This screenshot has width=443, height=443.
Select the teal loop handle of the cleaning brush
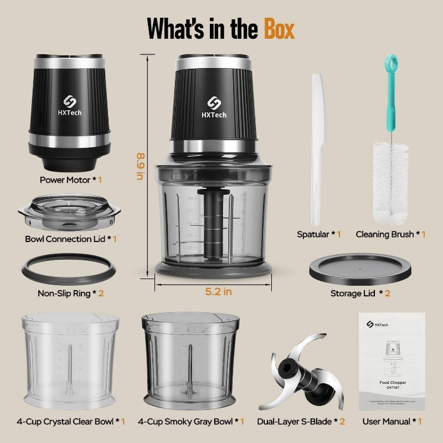click(x=392, y=62)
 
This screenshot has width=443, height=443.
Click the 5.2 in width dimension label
click(x=218, y=292)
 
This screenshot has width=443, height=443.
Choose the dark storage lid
click(x=360, y=269)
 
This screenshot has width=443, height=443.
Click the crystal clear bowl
click(x=70, y=360)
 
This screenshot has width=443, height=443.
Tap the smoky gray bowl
click(x=190, y=360)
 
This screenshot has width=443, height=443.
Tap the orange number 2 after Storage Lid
click(x=388, y=293)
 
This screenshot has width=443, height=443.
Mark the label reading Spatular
click(x=313, y=234)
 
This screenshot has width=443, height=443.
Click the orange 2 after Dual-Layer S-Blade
click(x=342, y=421)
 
